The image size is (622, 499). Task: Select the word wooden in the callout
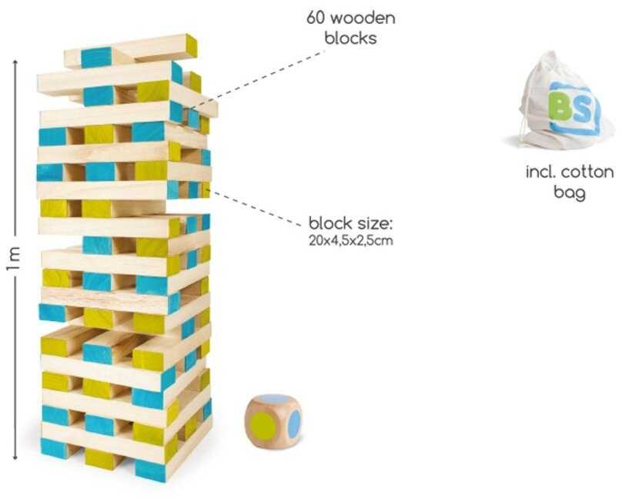coord(363,18)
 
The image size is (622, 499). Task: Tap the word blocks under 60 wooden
coord(351,38)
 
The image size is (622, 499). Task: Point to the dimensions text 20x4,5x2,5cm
coord(351,241)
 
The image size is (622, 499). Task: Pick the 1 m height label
coord(12,259)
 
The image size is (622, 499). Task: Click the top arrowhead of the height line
coord(15,62)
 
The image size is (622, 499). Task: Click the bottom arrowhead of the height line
coord(15,457)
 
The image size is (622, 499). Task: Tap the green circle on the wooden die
coord(263,426)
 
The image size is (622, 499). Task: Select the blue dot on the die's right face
coord(294,424)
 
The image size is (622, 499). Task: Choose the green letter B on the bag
coord(561,107)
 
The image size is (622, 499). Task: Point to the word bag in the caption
coord(569,193)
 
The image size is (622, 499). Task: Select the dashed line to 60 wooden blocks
coord(256,79)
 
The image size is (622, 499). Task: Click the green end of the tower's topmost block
coord(192,45)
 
